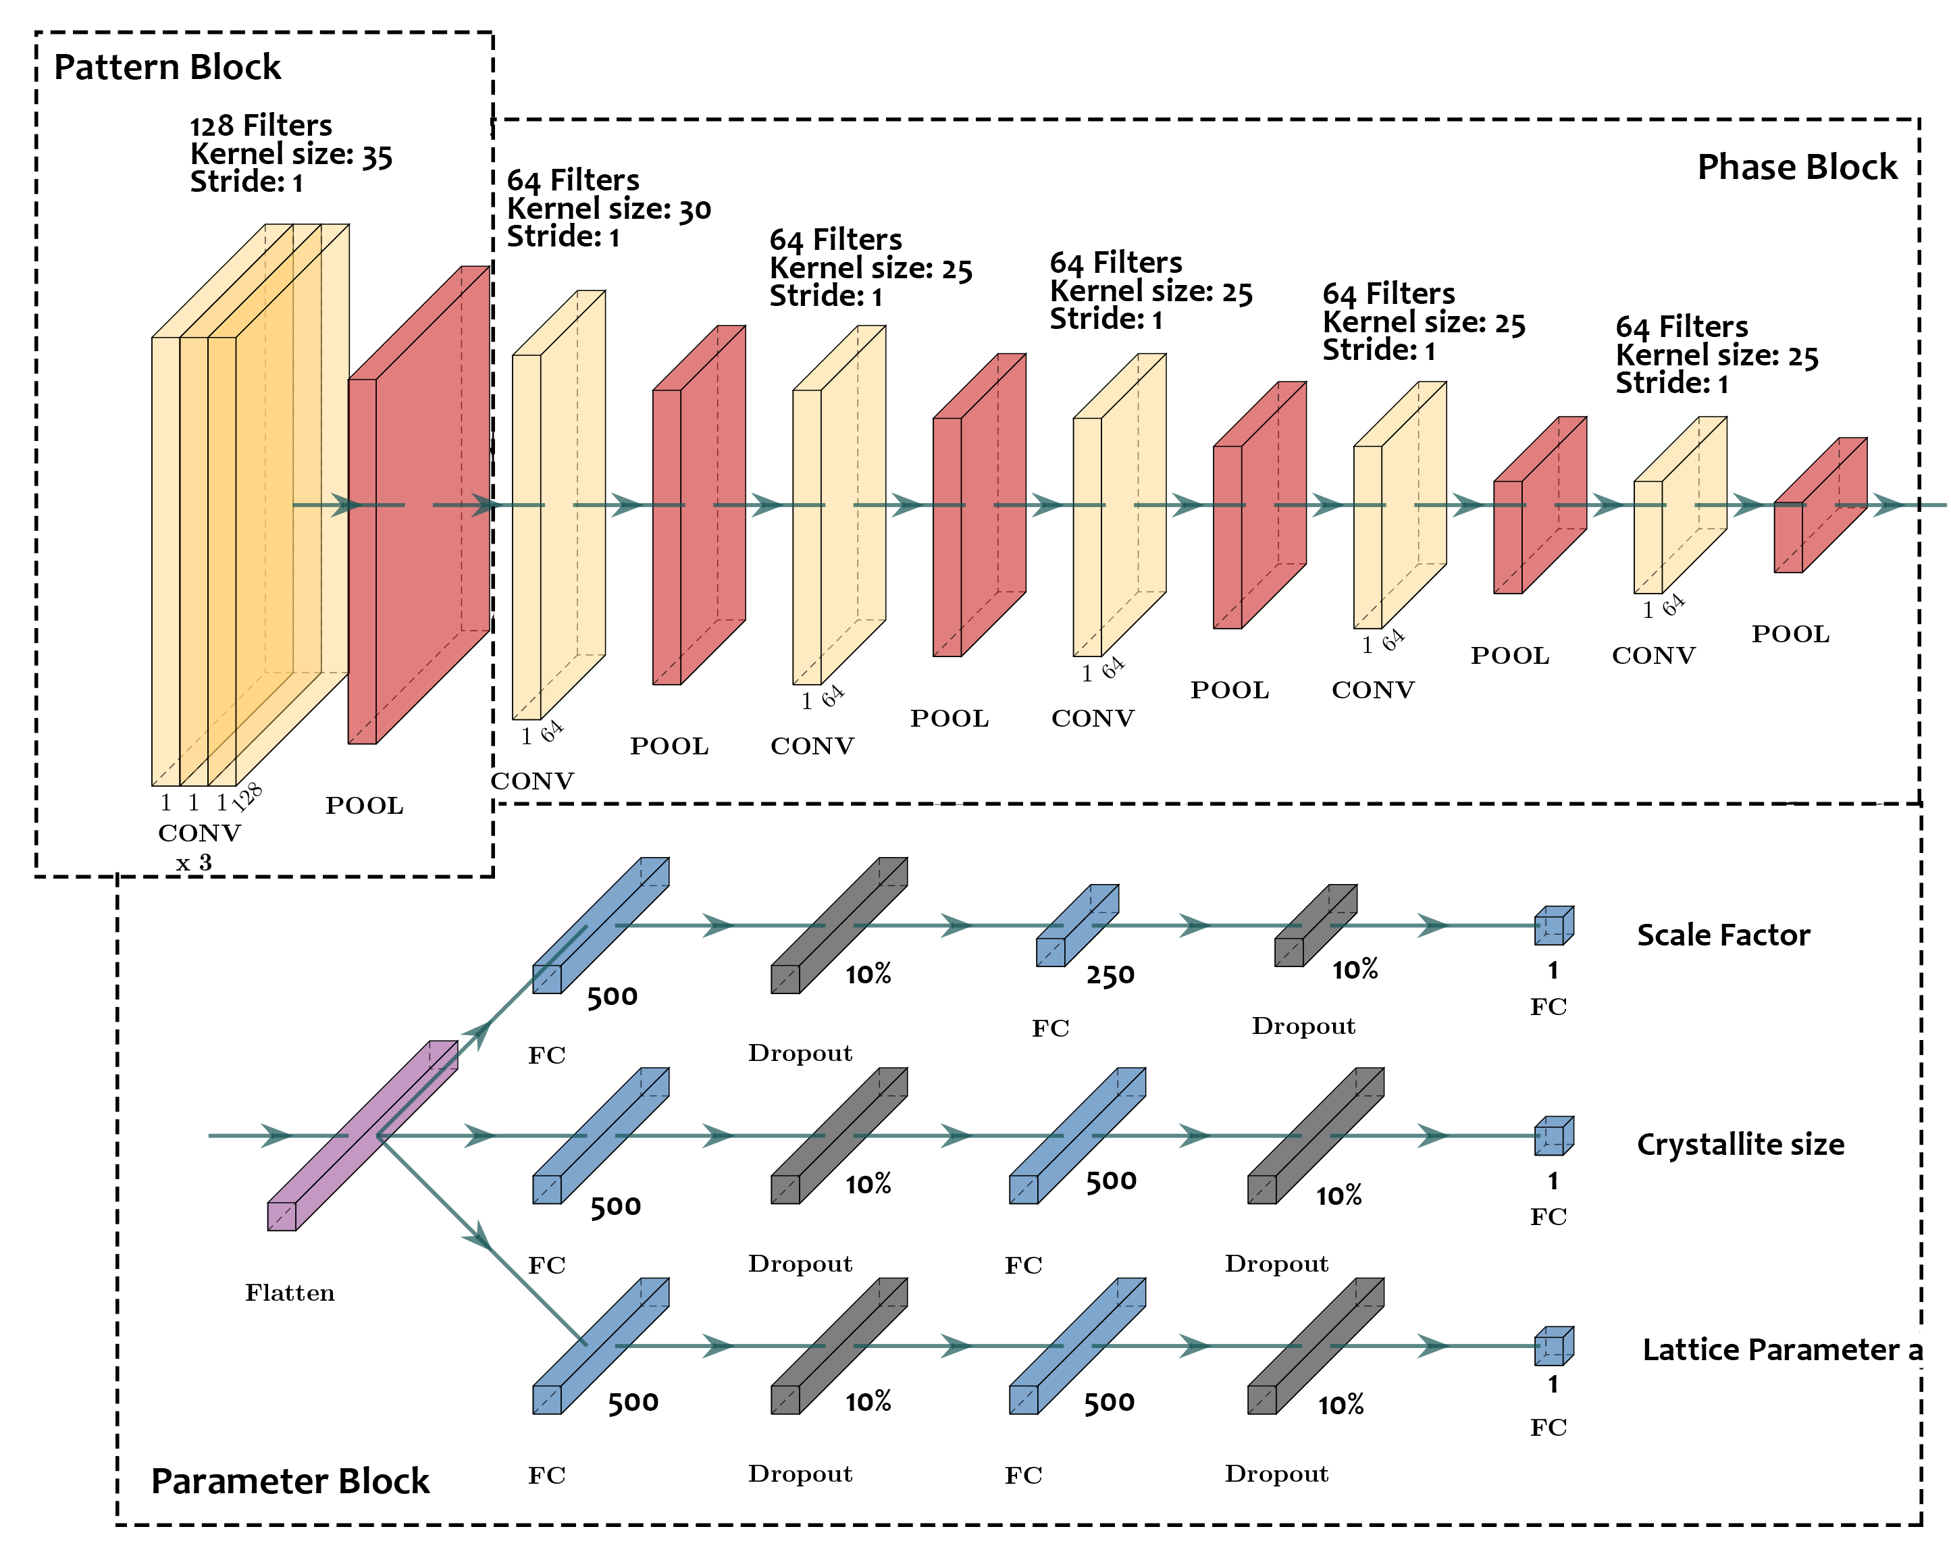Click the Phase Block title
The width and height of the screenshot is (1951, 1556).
coord(1796,167)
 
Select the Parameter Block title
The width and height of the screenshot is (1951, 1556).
coord(290,1482)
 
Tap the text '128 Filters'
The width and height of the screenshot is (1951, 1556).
coord(261,125)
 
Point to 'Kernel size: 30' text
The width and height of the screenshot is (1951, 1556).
coord(609,209)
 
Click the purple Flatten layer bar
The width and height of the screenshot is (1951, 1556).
coord(362,1135)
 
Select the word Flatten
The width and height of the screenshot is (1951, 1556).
coord(290,1293)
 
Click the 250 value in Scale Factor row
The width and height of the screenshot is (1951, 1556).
coord(1110,975)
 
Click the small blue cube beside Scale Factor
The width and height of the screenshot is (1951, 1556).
coord(1554,926)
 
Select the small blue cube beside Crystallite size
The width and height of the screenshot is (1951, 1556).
coord(1554,1136)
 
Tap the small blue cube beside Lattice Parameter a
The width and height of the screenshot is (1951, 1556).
coord(1554,1346)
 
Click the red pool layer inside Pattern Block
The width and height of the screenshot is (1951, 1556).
coord(419,505)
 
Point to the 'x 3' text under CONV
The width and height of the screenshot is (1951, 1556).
coord(194,862)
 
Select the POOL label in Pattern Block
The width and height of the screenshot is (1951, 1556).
coord(365,806)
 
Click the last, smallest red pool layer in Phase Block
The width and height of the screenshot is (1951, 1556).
coord(1821,505)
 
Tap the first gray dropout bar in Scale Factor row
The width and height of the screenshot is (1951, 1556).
coord(839,926)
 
